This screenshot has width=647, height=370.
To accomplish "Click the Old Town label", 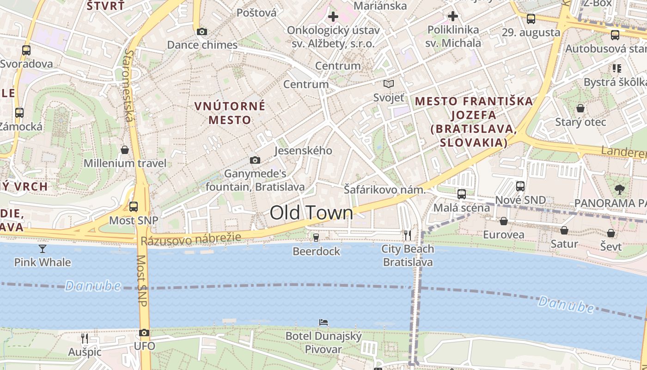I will point(311,213).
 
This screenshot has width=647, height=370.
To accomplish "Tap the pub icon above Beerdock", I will point(316,238).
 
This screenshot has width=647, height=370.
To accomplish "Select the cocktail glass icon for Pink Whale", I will point(43,249).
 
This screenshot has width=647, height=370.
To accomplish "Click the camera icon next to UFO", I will point(144,333).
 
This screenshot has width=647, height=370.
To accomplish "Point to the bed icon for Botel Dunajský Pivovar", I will point(323,322).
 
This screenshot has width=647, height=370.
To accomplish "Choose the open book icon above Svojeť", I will point(389,84).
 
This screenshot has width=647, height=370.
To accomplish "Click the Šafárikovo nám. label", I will point(384,189).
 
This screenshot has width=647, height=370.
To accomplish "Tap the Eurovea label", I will point(503,234).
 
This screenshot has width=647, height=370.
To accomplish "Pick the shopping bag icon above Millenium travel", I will point(125,150).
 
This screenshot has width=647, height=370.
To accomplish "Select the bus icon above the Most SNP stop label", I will point(134,206).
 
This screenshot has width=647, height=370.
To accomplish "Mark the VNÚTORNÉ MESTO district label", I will point(230,113).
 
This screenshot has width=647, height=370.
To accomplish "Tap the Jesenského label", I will point(303,150).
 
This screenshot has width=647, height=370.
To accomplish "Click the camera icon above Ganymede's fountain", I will point(255,160).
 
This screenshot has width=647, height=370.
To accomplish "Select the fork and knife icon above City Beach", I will point(407,235).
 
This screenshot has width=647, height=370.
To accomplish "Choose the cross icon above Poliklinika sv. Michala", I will point(453,17).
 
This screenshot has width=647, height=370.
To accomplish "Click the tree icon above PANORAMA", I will point(619,189).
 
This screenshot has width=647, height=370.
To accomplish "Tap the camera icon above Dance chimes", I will point(202,31).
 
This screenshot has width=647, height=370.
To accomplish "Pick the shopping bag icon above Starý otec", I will point(580,108).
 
